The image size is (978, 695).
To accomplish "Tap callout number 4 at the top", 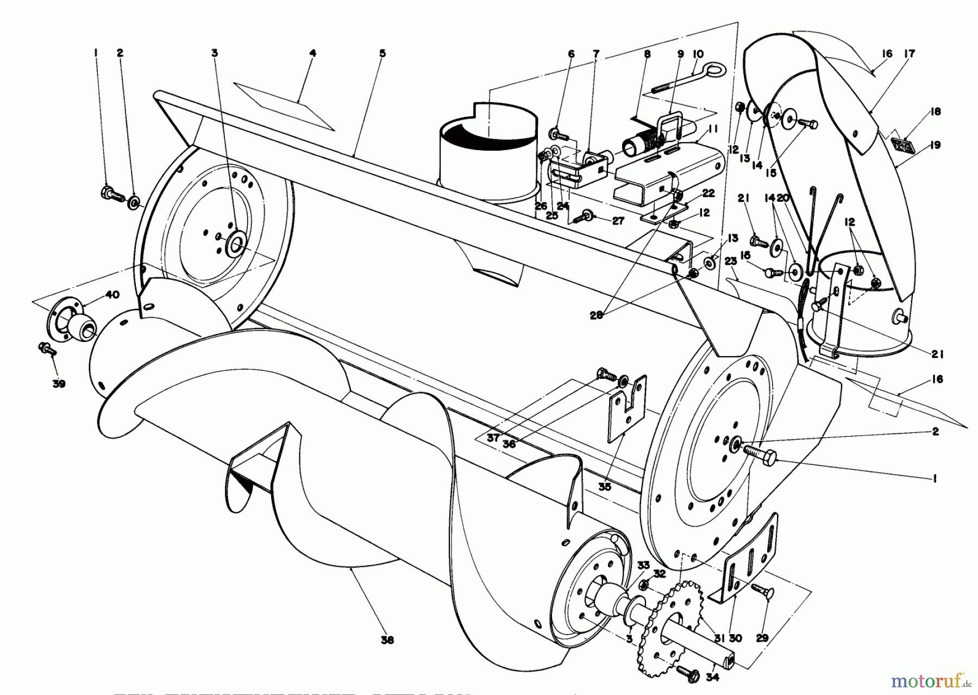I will coord(312,53).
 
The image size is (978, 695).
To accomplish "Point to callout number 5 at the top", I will coord(383,53).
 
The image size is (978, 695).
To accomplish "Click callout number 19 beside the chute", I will coord(935,145).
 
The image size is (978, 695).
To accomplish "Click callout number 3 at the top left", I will coord(215,53).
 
